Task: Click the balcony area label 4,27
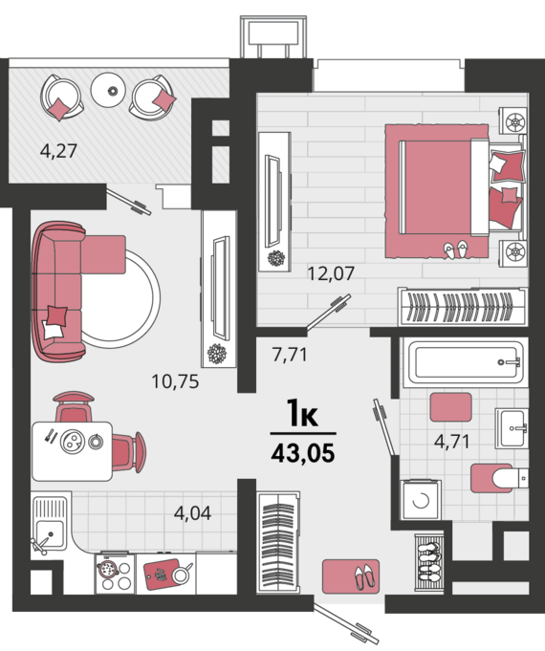tap(58, 151)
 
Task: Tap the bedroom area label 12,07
tap(331, 273)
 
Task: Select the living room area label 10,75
tap(175, 381)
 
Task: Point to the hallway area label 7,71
tap(290, 355)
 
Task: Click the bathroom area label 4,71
tap(452, 441)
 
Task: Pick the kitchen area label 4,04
tap(192, 513)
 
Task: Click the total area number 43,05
tap(303, 453)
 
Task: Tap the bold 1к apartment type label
tap(302, 413)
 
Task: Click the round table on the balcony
tap(108, 90)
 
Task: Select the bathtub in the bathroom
tap(466, 362)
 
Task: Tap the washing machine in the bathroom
tap(421, 500)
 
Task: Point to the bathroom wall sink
tap(512, 428)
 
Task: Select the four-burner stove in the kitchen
tap(115, 574)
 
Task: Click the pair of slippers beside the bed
tap(455, 249)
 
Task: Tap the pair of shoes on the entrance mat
tap(364, 576)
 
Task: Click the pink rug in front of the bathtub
tap(450, 407)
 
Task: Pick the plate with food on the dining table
tap(73, 442)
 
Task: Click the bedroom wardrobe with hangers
tap(463, 307)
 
